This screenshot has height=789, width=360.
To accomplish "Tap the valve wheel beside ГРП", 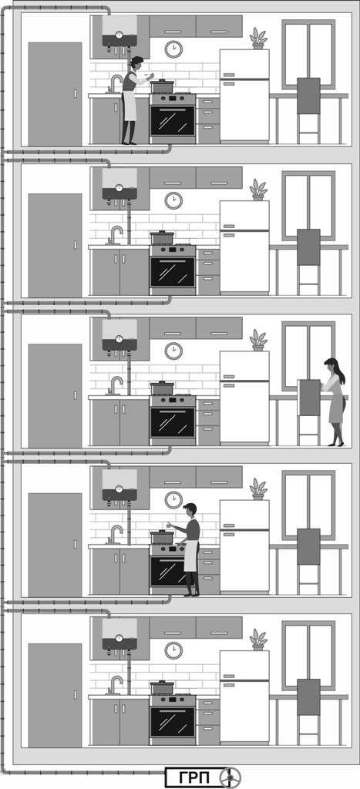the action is pos(230,777).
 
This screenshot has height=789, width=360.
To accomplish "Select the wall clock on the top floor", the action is pos(173,49).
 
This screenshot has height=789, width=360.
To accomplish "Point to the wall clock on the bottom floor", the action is pos(173,650).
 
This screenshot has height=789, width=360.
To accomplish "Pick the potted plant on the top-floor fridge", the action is pos(258,39).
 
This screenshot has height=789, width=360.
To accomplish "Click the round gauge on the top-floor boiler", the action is pos(119,35).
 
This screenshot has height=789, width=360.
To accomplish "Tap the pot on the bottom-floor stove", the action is pos(162,687).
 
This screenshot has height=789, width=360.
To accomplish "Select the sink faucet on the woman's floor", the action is pos(115,385).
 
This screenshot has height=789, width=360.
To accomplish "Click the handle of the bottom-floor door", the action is pos(76,694).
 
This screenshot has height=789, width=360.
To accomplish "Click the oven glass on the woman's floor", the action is pos(172,422).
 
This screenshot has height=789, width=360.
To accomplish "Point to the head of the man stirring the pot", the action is pos(190,509).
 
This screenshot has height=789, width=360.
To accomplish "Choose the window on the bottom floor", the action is pos(308,655).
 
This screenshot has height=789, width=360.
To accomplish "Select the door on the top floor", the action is pos(55,94).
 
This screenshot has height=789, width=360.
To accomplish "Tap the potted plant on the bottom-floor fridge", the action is pos(258,640).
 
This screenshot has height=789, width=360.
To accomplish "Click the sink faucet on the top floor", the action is pos(115,84).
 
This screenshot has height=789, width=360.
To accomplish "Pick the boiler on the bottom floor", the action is pos(119,635).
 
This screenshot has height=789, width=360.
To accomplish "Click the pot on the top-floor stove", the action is pos(162,86).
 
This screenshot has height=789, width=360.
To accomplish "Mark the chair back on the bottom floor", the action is pos(308,697).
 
